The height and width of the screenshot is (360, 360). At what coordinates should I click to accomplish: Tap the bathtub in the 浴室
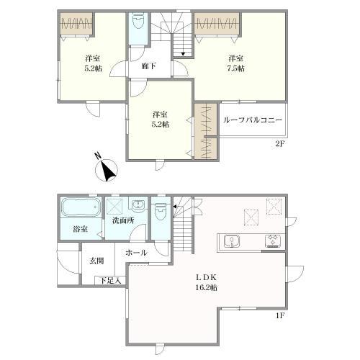(81, 207)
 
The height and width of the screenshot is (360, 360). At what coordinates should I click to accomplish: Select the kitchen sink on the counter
(232, 241)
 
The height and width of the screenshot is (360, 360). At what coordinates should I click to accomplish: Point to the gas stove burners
(273, 241)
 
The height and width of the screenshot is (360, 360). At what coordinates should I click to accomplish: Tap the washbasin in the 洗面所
(138, 205)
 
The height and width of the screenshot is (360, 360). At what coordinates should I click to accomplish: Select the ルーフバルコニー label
(253, 120)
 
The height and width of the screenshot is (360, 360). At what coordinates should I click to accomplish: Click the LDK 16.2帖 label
(207, 282)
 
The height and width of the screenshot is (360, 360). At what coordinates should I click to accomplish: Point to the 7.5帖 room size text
(235, 68)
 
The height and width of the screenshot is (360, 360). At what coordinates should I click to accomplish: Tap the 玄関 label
(97, 261)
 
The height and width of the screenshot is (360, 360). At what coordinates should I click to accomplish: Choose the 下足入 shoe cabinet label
(110, 280)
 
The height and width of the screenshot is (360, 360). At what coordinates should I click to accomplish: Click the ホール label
(136, 253)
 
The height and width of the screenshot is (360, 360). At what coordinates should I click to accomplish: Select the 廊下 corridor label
(148, 66)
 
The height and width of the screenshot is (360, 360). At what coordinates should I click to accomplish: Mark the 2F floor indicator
(280, 144)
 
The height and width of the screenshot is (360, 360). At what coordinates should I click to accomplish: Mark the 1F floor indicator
(280, 315)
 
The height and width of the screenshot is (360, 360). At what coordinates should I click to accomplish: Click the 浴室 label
(80, 229)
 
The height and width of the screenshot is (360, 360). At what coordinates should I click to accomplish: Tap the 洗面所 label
(123, 220)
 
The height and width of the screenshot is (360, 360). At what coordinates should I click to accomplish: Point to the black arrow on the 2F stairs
(183, 54)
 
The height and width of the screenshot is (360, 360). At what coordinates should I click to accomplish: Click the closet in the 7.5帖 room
(217, 24)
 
